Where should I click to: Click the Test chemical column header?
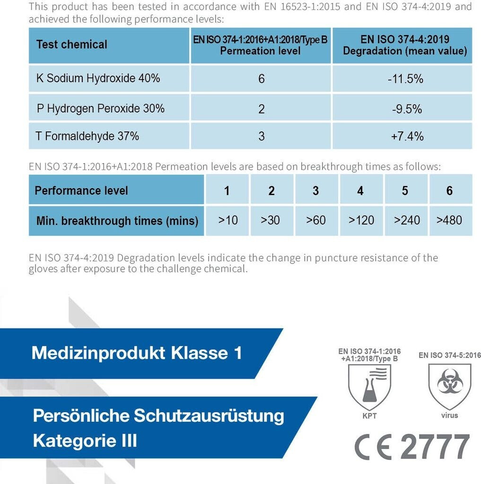coord(72,45)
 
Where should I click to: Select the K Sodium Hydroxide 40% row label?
coord(98,78)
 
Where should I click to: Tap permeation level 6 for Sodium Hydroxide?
coord(261,79)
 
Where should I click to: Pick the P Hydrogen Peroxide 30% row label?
coord(101,108)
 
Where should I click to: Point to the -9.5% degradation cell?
coord(406,109)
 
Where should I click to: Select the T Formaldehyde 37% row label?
coord(88,136)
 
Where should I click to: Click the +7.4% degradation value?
coord(407,137)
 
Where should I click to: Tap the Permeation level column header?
coord(261,45)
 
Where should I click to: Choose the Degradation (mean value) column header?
coord(405,45)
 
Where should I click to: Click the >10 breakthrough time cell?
coord(227,220)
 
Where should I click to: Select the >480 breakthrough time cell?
coord(449,220)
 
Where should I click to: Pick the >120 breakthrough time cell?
coord(361,220)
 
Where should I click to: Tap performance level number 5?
coord(405,191)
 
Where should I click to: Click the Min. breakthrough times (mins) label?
coord(117,221)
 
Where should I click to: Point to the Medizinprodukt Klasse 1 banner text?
coord(137,353)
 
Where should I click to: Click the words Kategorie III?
coord(85,441)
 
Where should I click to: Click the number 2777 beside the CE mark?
coord(435,447)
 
